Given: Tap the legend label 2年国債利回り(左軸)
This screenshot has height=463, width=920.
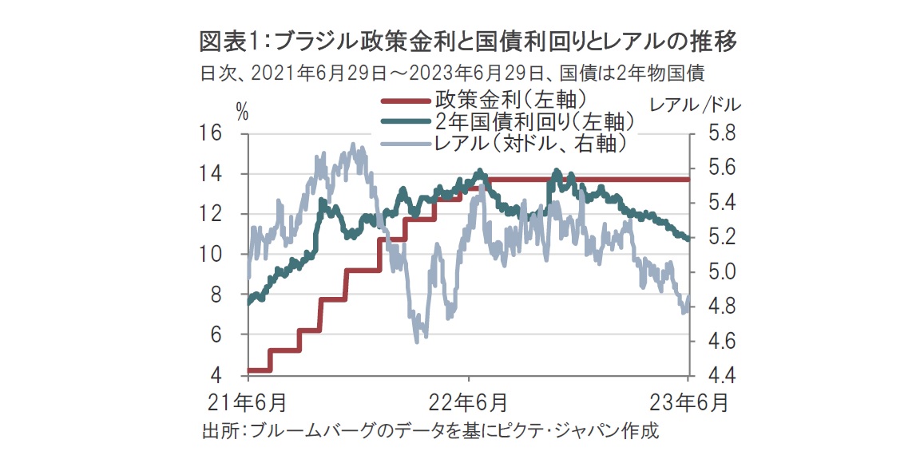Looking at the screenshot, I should tap(535, 122).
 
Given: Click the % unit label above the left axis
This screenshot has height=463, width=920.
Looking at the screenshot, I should tap(242, 113).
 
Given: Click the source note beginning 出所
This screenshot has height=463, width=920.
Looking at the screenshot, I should tap(431, 432).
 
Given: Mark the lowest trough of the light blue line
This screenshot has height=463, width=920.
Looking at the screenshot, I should tap(417, 341).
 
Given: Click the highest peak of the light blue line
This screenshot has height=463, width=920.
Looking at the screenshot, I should tap(354, 145).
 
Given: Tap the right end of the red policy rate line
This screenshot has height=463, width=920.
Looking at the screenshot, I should tap(688, 180).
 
